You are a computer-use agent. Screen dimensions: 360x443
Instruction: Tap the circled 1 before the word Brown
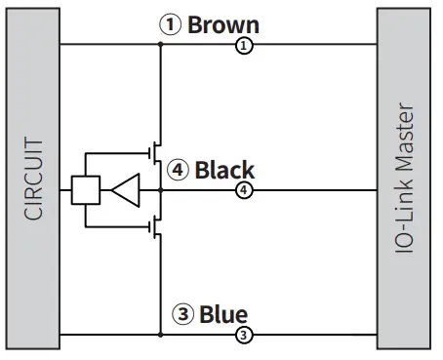coord(171,24)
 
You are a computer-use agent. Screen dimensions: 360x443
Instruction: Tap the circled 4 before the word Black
coord(177,171)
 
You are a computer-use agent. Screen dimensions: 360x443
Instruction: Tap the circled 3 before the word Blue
coord(182,315)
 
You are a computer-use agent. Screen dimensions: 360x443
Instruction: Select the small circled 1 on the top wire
coord(245,46)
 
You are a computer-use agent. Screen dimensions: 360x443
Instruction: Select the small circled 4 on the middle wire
coord(245,190)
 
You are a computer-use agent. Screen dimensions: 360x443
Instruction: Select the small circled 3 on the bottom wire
coord(245,336)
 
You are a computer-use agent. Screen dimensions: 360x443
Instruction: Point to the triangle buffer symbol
coord(126,190)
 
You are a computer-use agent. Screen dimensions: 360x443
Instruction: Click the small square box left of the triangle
coord(86,190)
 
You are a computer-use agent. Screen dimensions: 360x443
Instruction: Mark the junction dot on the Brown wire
coord(160,46)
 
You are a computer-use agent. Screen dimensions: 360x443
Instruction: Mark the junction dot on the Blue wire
coord(160,336)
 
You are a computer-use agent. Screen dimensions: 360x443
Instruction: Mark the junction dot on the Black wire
coord(160,190)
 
